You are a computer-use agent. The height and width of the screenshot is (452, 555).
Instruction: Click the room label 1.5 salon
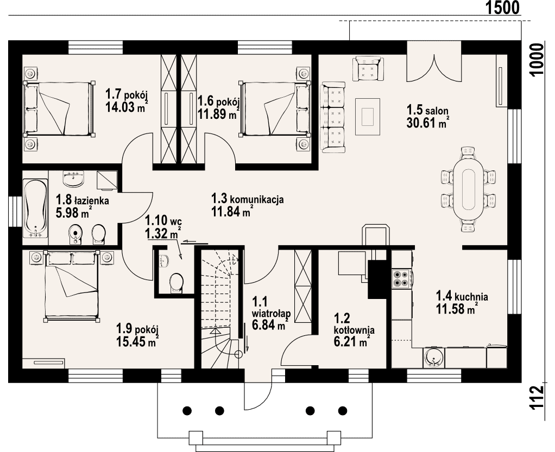427,110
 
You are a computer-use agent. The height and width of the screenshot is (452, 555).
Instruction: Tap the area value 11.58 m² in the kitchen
457,309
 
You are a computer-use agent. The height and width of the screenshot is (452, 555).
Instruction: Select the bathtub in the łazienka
35,208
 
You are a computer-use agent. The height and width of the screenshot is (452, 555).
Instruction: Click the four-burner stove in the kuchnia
401,278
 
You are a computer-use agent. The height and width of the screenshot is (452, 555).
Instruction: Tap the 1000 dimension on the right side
537,60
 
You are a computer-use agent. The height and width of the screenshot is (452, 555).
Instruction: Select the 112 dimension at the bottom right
537,398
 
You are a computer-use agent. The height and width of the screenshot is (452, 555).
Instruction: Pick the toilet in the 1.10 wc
176,283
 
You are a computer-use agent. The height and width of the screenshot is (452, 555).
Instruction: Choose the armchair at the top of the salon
368,68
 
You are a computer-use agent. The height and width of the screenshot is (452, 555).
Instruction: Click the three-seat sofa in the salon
333,117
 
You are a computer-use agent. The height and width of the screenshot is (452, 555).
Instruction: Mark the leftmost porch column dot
187,411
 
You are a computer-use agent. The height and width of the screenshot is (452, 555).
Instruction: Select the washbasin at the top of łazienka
73,179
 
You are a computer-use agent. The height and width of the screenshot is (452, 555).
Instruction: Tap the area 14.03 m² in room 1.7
127,106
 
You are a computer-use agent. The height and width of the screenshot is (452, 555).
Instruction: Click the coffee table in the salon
368,117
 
